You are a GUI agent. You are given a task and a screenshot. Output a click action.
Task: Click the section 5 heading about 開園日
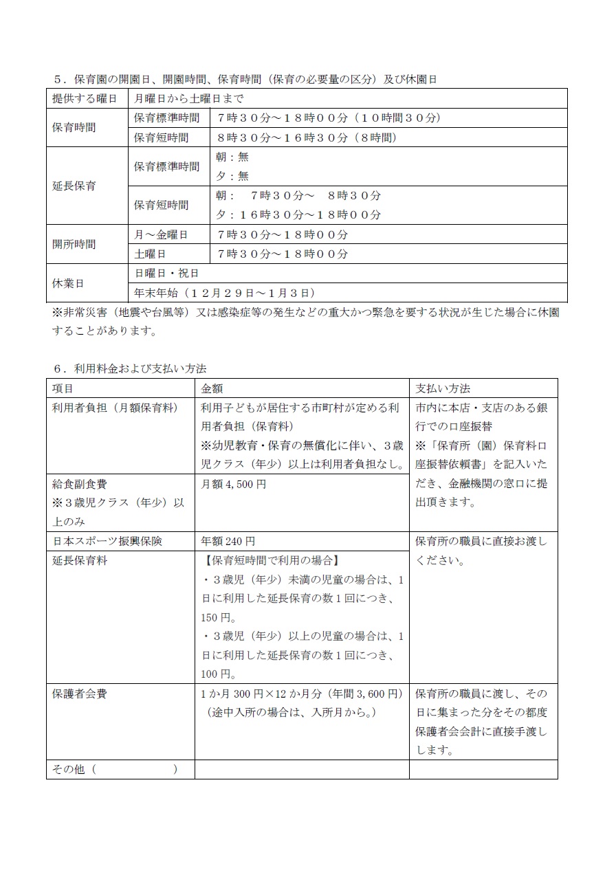point(245,80)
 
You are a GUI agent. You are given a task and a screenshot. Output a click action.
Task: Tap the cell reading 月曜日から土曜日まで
point(188,99)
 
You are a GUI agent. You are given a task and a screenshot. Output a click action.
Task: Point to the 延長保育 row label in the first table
point(74,186)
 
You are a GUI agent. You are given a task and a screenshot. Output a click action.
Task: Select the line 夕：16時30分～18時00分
point(298,215)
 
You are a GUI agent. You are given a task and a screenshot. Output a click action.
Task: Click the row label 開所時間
point(74,244)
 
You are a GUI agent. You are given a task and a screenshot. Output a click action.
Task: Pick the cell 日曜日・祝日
point(167,274)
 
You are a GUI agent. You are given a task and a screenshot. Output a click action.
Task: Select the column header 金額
point(212,388)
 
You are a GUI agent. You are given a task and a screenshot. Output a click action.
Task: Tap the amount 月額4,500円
point(233,485)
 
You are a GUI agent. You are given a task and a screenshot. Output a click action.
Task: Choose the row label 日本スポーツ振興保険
point(107,542)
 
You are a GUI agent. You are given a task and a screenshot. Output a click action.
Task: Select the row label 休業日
point(68,283)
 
